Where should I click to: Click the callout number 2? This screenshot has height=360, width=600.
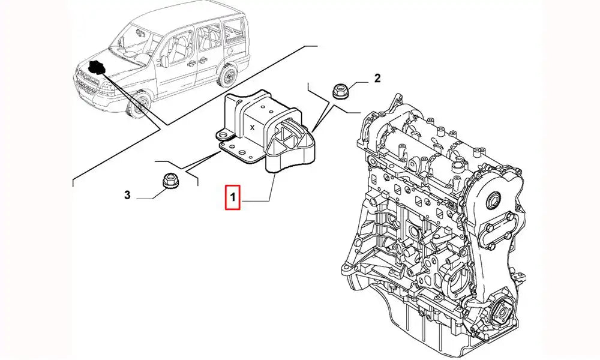tap(377, 77)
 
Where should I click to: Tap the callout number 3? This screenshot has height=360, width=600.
tap(127, 194)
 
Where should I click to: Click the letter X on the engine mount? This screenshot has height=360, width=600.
tap(253, 128)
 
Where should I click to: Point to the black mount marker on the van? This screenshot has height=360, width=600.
tap(95, 68)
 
